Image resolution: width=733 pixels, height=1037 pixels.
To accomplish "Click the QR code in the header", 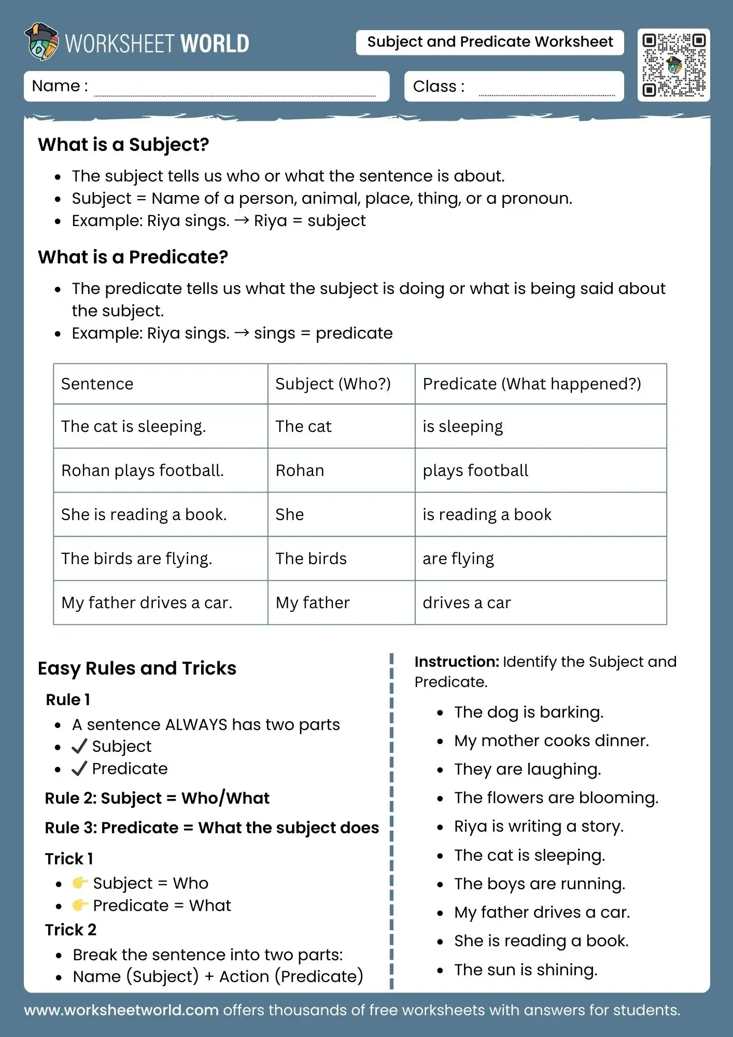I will [673, 65].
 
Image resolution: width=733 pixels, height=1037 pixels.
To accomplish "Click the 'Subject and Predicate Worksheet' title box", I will [489, 42].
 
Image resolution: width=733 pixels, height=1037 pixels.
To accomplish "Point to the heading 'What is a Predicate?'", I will [133, 257].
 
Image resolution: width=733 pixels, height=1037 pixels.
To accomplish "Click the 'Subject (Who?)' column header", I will [333, 384].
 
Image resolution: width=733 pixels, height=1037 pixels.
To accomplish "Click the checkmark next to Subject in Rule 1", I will [79, 746].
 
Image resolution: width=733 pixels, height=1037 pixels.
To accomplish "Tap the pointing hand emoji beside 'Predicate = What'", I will [80, 905].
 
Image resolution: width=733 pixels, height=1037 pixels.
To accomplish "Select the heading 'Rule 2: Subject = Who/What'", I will [157, 798].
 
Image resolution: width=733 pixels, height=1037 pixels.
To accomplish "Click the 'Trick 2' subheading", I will [71, 930].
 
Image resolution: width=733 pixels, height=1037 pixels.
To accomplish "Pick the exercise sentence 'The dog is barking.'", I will [528, 712].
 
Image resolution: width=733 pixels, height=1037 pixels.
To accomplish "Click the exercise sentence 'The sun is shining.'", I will [525, 970].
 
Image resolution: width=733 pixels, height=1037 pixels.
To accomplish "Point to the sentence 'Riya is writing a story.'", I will [538, 826].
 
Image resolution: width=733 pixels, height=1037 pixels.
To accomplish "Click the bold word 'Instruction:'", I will [456, 662].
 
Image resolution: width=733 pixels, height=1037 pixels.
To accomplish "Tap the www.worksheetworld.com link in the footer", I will [121, 1010].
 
